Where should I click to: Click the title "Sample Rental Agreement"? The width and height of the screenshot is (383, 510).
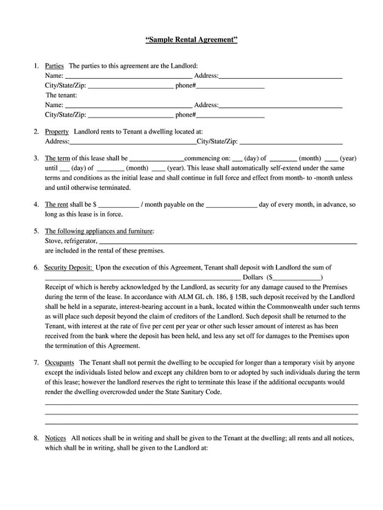click(191, 40)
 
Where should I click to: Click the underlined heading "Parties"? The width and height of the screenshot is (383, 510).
click(54, 66)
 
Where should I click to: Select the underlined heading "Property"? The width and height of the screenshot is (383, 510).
click(56, 131)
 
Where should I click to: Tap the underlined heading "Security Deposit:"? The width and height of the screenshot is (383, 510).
click(68, 267)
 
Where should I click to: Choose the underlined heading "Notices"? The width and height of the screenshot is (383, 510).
click(55, 438)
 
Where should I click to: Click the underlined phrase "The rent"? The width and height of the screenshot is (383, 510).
click(57, 204)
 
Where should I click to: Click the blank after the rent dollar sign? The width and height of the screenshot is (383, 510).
click(118, 205)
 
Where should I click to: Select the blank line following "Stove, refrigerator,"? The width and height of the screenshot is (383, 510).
click(228, 242)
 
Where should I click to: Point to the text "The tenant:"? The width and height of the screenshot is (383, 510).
click(61, 95)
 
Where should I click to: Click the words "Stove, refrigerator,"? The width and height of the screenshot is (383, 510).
click(71, 240)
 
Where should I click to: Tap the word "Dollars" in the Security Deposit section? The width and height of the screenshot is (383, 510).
click(253, 277)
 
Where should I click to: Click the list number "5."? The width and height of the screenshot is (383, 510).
click(36, 231)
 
